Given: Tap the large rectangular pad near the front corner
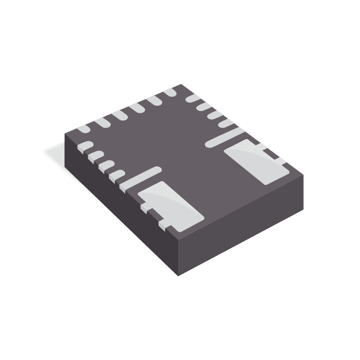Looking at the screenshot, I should tap(170, 205).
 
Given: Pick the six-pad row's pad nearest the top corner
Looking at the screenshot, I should tap(170, 93).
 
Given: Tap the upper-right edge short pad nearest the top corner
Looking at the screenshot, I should tap(193, 98).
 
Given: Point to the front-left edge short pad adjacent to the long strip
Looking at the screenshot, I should tap(117, 174).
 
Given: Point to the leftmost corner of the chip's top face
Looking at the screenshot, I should tap(65, 133).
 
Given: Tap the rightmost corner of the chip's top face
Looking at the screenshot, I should tap(303, 175).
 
